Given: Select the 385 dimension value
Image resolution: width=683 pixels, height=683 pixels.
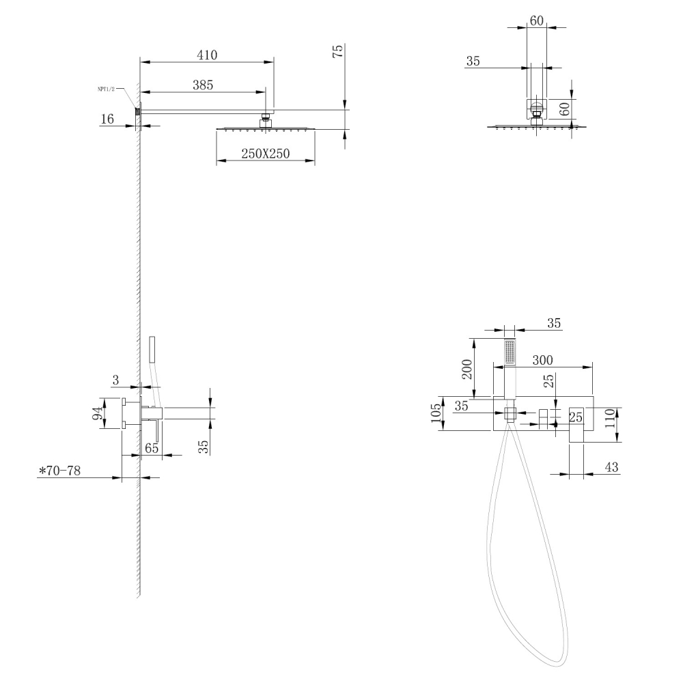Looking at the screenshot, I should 202,85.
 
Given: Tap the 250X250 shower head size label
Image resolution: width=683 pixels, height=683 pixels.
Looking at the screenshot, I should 266,154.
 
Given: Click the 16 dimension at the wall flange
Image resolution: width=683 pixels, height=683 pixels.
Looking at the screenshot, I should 107,119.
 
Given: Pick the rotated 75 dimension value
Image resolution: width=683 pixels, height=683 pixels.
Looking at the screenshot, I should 337,54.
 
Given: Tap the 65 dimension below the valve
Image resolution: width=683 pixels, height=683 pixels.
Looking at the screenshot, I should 152,449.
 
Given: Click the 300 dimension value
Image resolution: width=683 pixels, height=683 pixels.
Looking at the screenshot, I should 544,360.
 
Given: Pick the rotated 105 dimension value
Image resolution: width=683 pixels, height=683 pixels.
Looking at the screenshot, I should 436,413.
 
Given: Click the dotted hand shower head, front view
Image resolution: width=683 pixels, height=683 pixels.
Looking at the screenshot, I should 509,354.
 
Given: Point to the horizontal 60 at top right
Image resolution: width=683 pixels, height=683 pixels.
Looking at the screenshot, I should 537,20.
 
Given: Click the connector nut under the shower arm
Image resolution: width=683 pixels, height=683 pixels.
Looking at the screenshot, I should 265,122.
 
